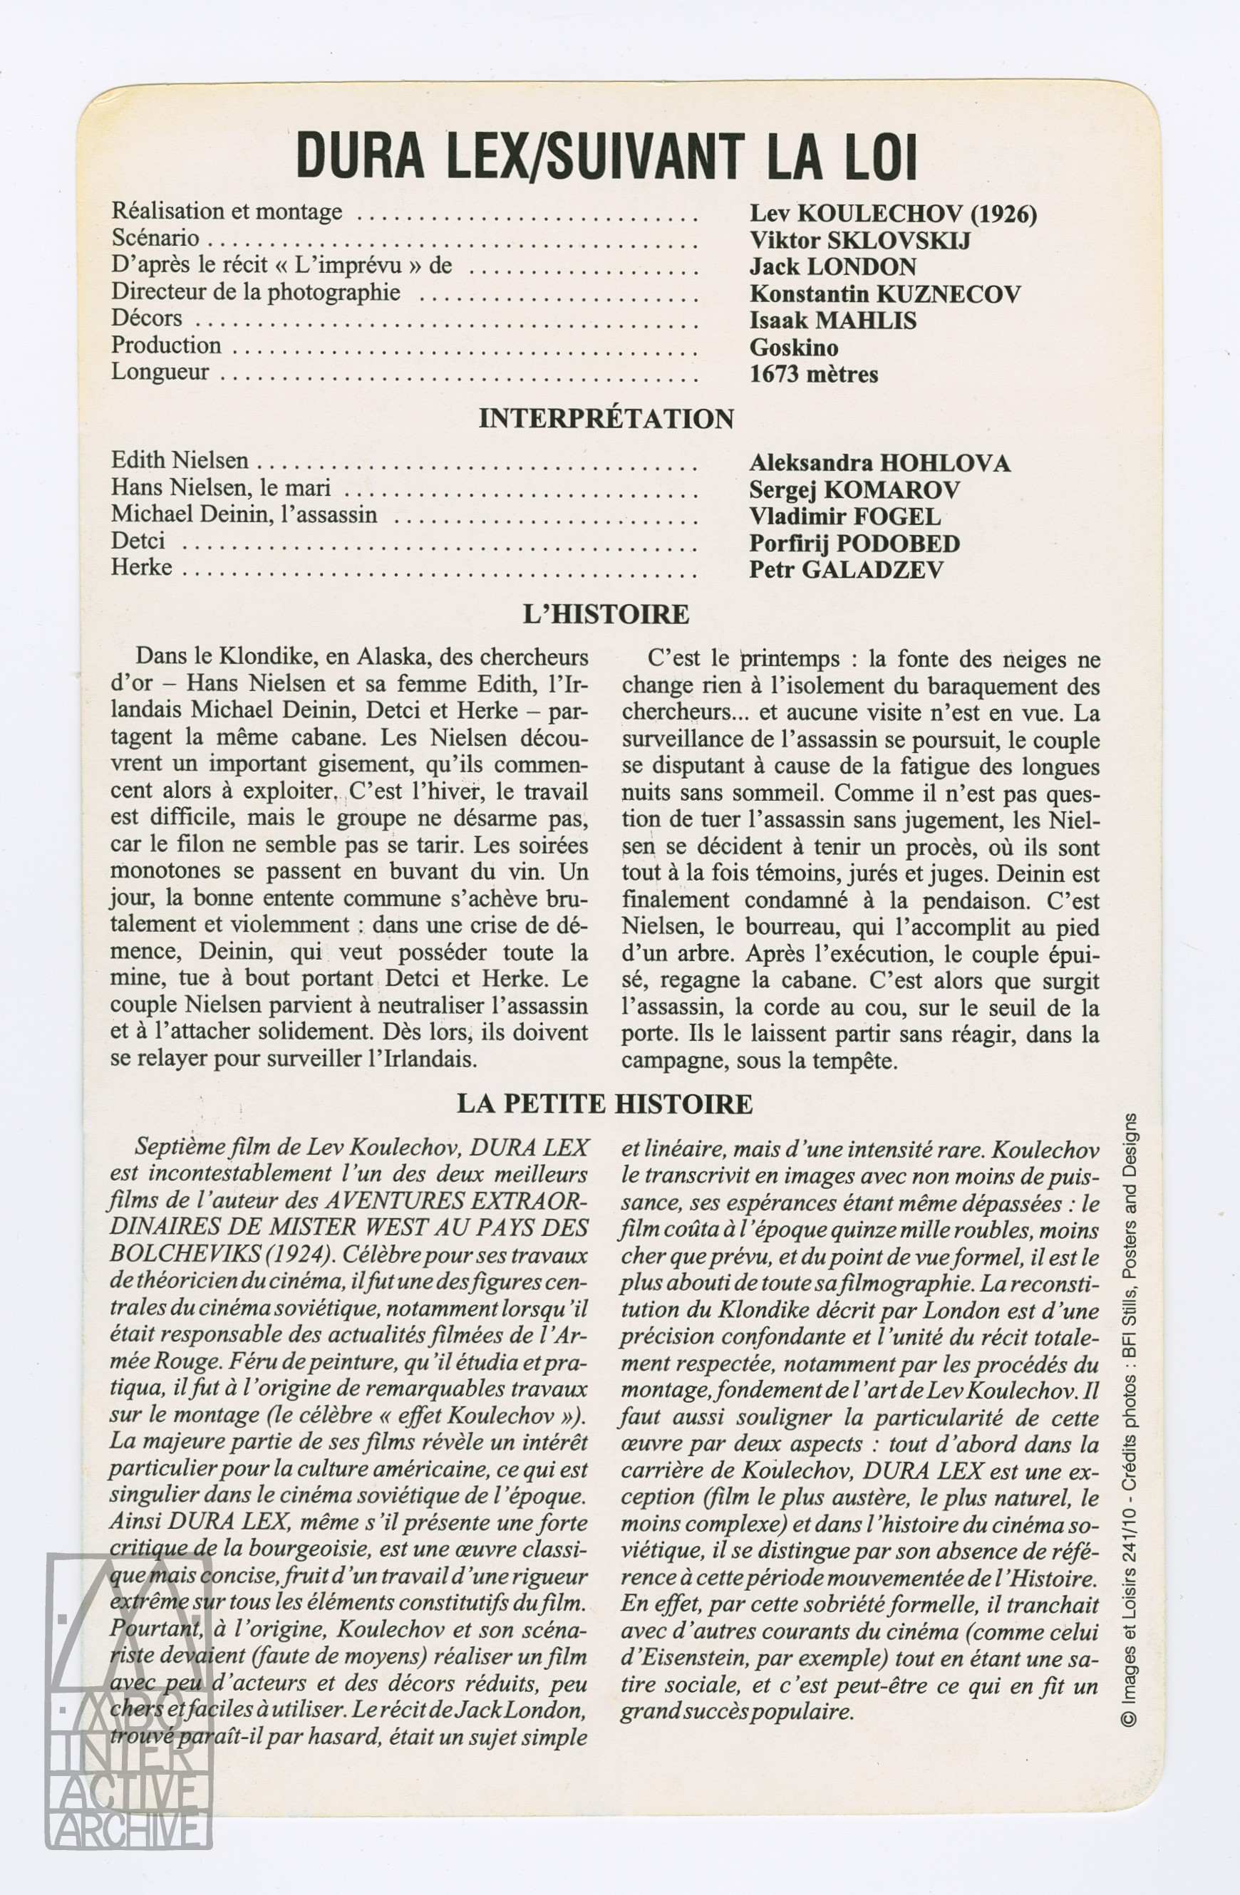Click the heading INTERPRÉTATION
coord(606,419)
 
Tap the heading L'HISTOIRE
coord(606,614)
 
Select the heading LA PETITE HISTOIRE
coord(604,1104)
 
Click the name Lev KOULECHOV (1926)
coord(893,214)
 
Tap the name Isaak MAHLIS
coord(833,320)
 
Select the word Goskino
coord(794,347)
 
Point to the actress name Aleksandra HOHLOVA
coord(880,462)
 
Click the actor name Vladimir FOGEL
coord(845,516)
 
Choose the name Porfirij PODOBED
coord(854,543)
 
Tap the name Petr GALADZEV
coord(847,569)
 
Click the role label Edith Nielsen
coord(180,460)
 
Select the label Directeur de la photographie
coord(256,292)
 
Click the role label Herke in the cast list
coord(142,567)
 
